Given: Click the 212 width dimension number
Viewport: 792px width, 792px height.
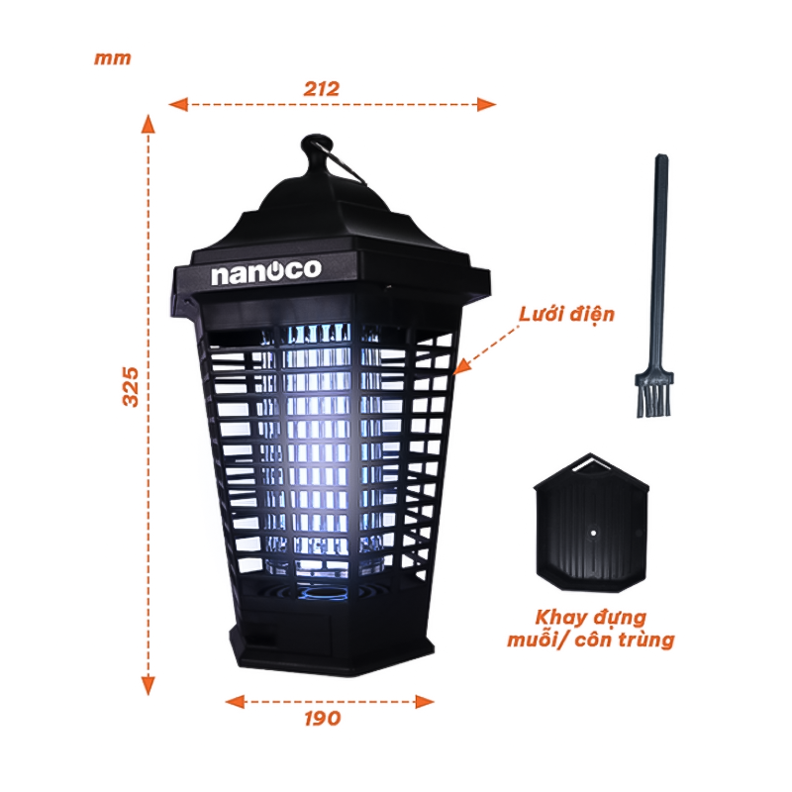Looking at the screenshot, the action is coord(321,89).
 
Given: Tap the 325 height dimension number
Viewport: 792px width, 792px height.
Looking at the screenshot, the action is coord(131,387).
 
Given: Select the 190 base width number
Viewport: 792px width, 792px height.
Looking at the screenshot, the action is coord(323,718).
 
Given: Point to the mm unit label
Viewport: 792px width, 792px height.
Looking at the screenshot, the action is coord(113,58).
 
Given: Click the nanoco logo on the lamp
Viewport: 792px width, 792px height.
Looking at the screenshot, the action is coord(266,271).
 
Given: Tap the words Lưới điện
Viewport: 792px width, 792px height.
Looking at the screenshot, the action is coord(566,315).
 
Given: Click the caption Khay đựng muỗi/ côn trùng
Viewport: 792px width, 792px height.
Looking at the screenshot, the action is coord(591,629).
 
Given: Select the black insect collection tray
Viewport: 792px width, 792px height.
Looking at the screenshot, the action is coord(591,523).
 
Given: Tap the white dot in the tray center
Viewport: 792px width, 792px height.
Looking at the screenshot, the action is coord(593,533).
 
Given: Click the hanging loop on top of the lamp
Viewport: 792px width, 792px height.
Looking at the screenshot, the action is coord(318,151).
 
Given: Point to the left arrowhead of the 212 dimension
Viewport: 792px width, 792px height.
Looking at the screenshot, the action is coord(178,105).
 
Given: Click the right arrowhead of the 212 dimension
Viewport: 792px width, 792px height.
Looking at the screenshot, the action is coord(486,105).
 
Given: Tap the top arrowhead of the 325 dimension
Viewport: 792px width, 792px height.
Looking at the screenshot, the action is coord(148,125).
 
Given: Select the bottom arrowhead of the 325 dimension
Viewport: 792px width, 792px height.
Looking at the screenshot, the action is coord(148,685).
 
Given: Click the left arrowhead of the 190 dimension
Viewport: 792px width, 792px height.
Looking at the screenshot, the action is coord(235,702).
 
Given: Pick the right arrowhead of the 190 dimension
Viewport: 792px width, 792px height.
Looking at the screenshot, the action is coord(425,702).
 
